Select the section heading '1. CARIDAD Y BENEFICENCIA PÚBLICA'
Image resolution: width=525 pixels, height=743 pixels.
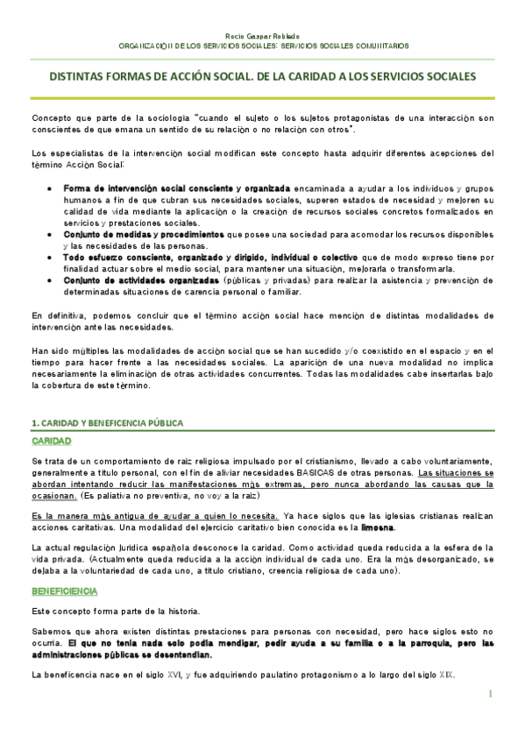pos(107,422)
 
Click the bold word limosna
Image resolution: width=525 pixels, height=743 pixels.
pos(379,527)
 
